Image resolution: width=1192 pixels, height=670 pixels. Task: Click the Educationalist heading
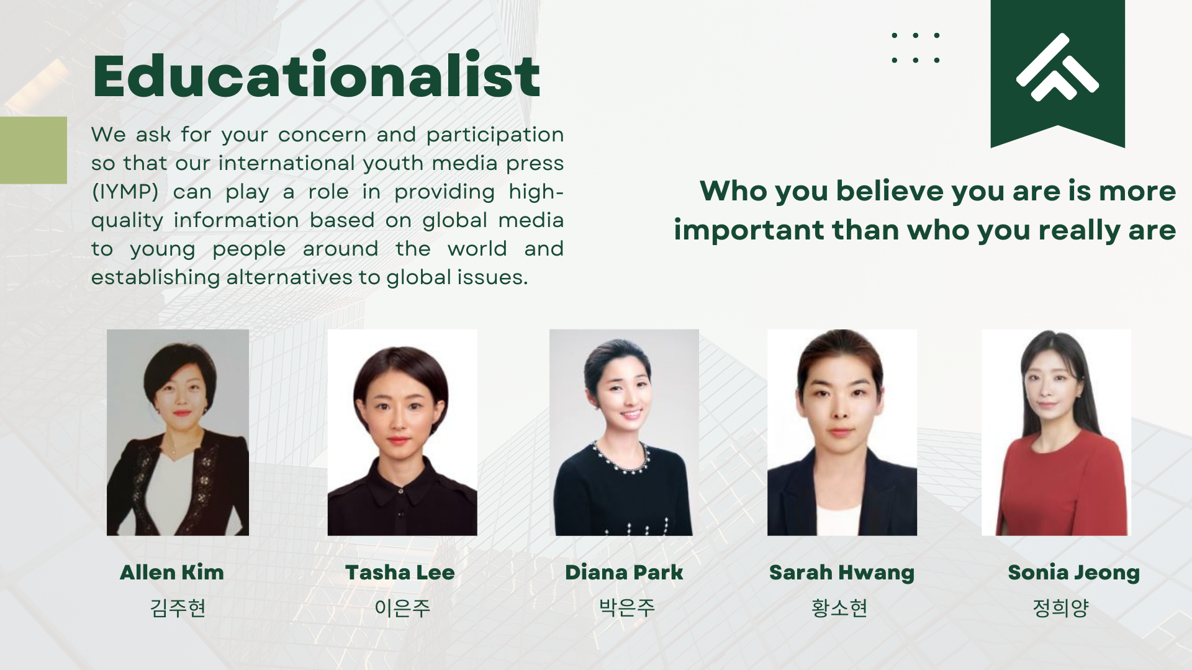point(316,75)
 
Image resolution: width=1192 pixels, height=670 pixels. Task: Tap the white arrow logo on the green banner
point(1057,67)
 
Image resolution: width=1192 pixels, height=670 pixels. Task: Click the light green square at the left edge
point(34,150)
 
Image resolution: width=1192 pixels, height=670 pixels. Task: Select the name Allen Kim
point(172,572)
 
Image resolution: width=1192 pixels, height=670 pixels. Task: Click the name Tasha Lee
point(400,572)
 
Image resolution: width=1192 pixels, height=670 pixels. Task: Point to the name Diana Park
point(624,572)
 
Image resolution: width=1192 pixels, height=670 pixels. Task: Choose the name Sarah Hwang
point(842,573)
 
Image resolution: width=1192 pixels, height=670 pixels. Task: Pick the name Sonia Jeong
point(1074,573)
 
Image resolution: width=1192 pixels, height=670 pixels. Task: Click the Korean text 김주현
point(178,607)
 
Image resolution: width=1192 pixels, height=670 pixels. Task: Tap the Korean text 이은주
point(402,607)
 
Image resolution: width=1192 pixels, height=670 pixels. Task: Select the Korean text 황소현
point(839,607)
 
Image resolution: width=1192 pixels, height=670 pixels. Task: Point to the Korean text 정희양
point(1060,607)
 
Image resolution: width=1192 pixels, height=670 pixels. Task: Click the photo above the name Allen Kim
point(178,432)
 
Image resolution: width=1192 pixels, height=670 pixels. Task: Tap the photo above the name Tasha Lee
point(402,432)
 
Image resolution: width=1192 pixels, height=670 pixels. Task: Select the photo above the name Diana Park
point(624,432)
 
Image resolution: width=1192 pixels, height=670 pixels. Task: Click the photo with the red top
point(1056,432)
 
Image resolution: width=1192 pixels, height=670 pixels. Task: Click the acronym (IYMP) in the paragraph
point(125,192)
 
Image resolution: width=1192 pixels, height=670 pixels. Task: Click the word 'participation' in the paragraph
point(495,135)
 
